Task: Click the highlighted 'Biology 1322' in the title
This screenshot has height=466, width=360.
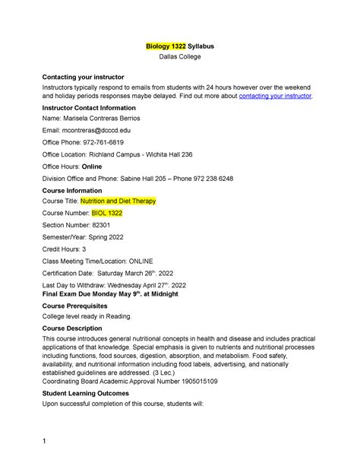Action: point(166,46)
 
